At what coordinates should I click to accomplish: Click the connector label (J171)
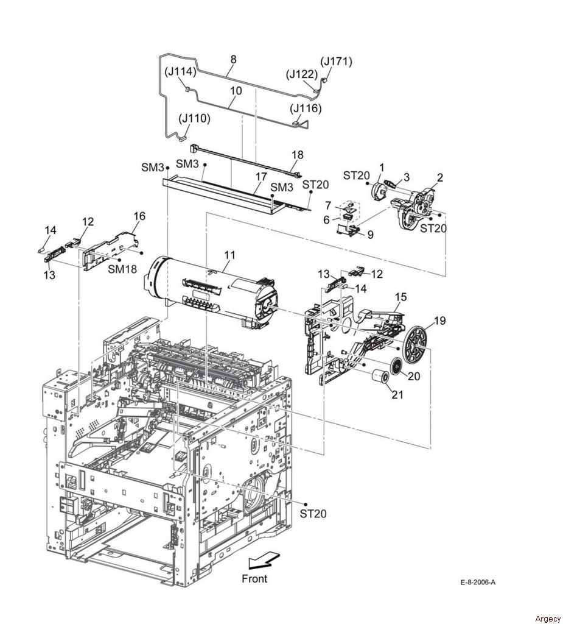click(337, 62)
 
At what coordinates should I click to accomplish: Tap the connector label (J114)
click(181, 72)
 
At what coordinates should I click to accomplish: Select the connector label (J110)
click(194, 119)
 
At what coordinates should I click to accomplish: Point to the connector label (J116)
click(306, 108)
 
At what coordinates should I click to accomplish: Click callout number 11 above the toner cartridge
click(229, 255)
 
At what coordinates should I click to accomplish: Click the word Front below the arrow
click(254, 578)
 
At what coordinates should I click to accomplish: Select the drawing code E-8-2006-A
click(478, 582)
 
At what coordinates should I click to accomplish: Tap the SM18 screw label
click(122, 269)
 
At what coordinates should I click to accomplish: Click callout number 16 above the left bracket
click(139, 216)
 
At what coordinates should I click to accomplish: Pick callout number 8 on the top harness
click(233, 59)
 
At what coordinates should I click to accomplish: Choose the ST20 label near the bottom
click(313, 513)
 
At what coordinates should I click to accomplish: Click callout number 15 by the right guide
click(400, 297)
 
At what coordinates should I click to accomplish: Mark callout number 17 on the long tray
click(261, 176)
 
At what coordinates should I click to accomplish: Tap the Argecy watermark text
click(548, 619)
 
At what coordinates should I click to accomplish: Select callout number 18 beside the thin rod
click(298, 155)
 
